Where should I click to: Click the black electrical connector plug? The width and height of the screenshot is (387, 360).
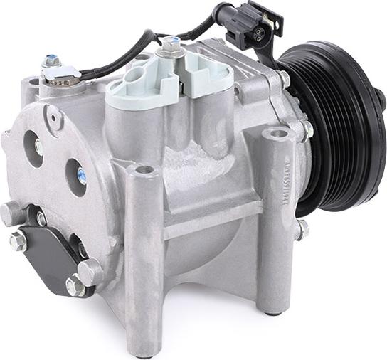(252, 25)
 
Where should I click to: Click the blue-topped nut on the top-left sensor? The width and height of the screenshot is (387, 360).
(51, 61)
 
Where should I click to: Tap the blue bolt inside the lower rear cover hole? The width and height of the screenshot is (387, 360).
(81, 175)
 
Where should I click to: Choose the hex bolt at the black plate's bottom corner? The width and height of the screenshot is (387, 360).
(74, 286)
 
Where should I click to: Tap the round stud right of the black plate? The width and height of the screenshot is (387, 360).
(90, 271)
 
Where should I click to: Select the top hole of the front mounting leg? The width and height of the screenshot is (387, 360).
(144, 170)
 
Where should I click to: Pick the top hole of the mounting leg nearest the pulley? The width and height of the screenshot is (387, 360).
(278, 133)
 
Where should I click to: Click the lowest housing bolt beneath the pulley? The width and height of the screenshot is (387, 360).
(302, 229)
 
